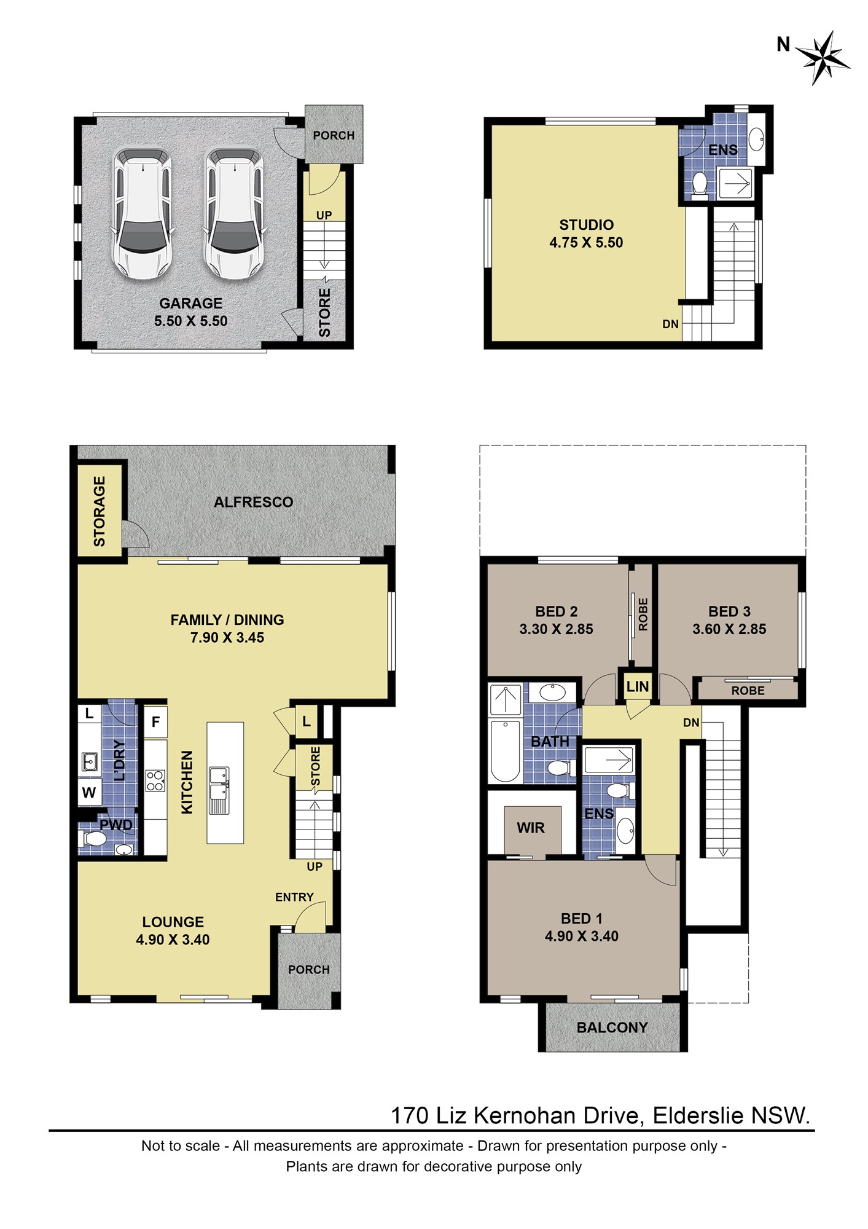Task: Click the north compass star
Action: click(823, 58)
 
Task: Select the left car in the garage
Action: click(142, 213)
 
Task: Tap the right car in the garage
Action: click(233, 213)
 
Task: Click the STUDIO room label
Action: click(586, 225)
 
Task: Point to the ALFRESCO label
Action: click(253, 502)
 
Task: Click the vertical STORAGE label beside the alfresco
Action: click(99, 511)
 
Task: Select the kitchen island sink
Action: click(219, 790)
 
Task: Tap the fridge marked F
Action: click(155, 721)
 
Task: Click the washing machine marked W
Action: click(89, 793)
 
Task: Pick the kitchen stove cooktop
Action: click(155, 781)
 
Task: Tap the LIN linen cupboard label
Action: click(638, 686)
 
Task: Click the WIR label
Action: click(531, 828)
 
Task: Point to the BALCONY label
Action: click(612, 1027)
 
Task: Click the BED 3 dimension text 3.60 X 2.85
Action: click(729, 629)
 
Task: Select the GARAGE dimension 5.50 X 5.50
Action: click(190, 321)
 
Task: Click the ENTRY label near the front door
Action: click(294, 897)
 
